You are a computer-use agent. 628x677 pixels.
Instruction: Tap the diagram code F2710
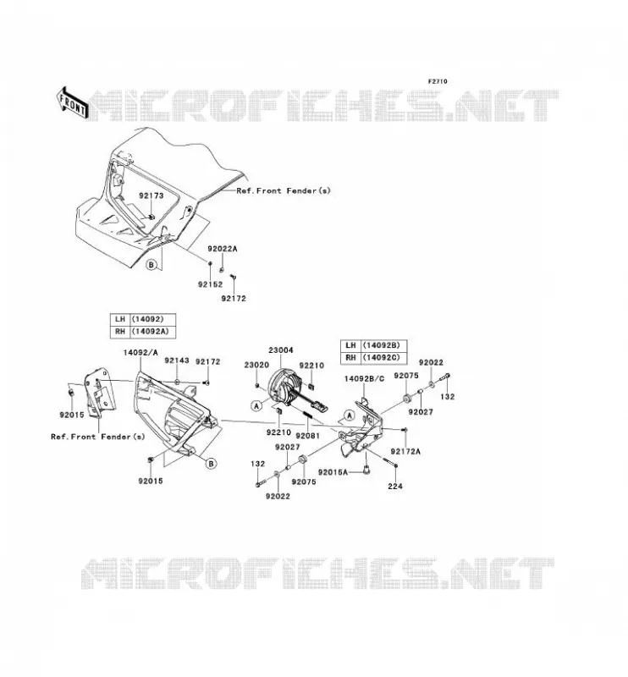(438, 81)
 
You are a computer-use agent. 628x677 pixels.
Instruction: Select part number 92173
(151, 195)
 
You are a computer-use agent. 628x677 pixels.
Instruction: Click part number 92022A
(223, 249)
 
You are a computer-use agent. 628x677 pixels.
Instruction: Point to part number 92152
(211, 284)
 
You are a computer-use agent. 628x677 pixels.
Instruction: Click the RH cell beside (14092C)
(350, 357)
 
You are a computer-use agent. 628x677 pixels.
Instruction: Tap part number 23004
(281, 350)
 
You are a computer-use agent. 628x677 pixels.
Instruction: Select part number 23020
(256, 365)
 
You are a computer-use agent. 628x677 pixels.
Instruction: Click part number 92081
(307, 436)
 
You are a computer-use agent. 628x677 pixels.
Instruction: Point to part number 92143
(177, 361)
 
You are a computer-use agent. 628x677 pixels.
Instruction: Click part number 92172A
(405, 452)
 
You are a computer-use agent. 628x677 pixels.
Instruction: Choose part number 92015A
(333, 472)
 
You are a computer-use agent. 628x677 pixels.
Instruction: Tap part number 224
(395, 486)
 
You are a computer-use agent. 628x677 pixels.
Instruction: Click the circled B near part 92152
(151, 265)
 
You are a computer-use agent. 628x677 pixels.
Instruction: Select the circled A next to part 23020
(256, 406)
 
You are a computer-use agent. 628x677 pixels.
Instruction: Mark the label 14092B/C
(364, 379)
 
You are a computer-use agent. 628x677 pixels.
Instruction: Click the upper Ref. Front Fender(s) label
(284, 190)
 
